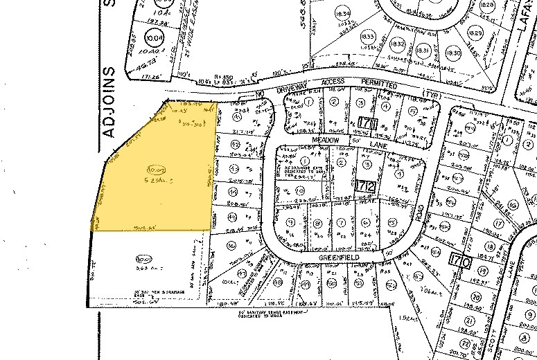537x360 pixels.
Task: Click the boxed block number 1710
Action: click(x=459, y=261)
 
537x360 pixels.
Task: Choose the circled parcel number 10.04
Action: click(x=153, y=37)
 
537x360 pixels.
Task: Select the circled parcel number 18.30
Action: click(x=453, y=53)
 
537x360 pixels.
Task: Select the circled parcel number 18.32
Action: click(x=400, y=45)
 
